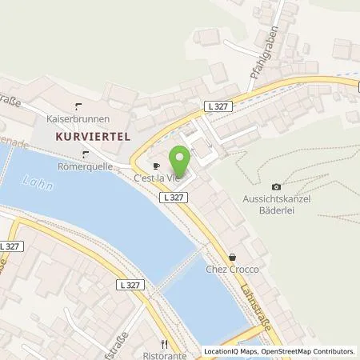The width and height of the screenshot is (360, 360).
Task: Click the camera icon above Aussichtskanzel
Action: (278, 187)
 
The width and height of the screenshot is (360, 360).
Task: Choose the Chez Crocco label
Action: (232, 270)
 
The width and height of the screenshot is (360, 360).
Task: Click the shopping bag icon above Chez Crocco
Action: (233, 258)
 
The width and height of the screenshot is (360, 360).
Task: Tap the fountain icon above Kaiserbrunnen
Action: (79, 106)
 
